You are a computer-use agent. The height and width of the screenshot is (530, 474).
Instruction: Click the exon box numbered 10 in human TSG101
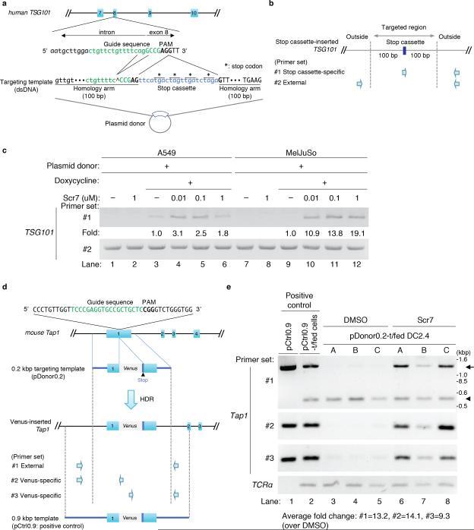coord(194,13)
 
